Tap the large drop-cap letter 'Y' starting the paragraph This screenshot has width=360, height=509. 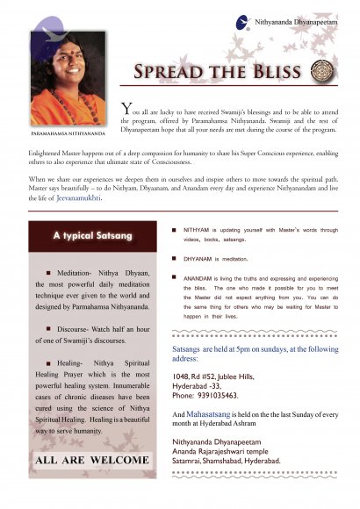coord(127,110)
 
